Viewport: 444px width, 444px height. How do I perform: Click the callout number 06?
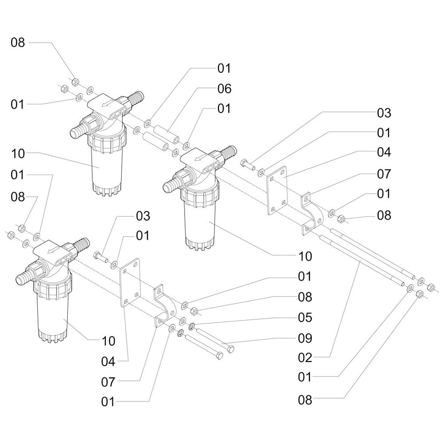pos(224,89)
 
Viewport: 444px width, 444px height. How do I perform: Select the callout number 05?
pos(305,317)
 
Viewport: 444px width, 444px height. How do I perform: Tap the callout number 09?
pos(305,338)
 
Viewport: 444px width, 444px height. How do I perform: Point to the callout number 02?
pos(305,357)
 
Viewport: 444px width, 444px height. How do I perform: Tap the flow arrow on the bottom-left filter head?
pos(53,250)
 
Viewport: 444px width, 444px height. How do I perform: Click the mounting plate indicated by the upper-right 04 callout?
pos(277,191)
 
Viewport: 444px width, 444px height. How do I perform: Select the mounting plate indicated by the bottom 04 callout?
pos(130,282)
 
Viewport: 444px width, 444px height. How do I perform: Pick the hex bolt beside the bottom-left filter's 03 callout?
pos(101,256)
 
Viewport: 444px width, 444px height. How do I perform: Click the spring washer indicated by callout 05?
pos(192,326)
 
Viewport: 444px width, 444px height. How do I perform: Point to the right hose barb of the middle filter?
pos(228,153)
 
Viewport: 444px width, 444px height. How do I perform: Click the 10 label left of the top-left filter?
pos(18,154)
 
